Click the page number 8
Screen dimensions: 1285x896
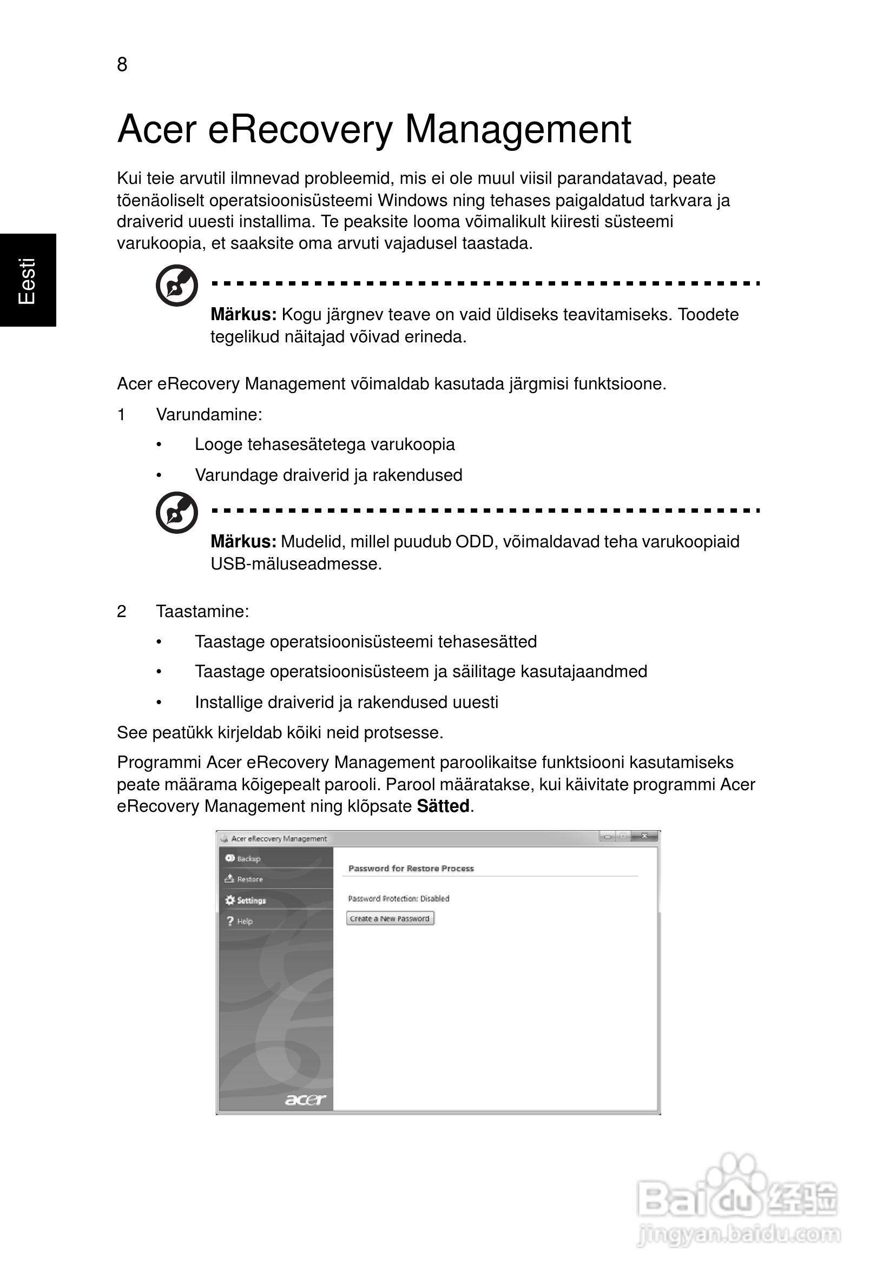pyautogui.click(x=122, y=65)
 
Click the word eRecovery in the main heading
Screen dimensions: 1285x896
pyautogui.click(x=300, y=130)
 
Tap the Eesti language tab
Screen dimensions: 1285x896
pyautogui.click(x=28, y=280)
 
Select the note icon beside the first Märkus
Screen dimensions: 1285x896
pyautogui.click(x=176, y=286)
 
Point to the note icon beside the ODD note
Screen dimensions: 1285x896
pyautogui.click(x=176, y=513)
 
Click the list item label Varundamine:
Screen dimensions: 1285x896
pyautogui.click(x=209, y=415)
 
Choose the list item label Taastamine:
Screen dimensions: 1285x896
pyautogui.click(x=202, y=611)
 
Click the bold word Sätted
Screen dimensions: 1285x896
pyautogui.click(x=443, y=806)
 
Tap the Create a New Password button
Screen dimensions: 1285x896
pyautogui.click(x=390, y=918)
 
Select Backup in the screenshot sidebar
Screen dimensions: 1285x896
pyautogui.click(x=249, y=858)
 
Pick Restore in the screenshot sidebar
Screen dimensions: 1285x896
pyautogui.click(x=250, y=879)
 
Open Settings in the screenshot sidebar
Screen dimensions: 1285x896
pyautogui.click(x=251, y=900)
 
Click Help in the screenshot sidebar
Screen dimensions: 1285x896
pyautogui.click(x=245, y=921)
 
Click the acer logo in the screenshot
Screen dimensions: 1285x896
pyautogui.click(x=305, y=1099)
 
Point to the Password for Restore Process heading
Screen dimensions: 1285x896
pyautogui.click(x=411, y=869)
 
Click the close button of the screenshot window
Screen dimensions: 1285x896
pyautogui.click(x=644, y=837)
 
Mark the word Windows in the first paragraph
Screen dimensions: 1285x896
pyautogui.click(x=412, y=200)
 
